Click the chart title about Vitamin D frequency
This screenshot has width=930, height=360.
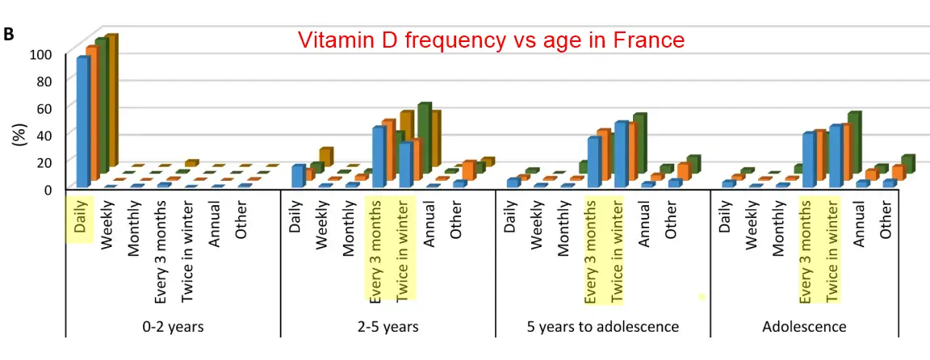[491, 40]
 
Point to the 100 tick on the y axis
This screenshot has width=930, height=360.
[41, 54]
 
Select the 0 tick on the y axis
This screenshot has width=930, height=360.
[48, 188]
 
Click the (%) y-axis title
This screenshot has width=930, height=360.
[18, 134]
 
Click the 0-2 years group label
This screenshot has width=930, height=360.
[173, 327]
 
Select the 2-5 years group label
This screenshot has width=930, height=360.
[388, 327]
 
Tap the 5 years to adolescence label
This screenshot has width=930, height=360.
[602, 327]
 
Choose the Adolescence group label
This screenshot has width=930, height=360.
[804, 327]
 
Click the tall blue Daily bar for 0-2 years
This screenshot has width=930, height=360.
[82, 121]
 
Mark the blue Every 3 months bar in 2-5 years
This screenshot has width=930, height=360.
[378, 156]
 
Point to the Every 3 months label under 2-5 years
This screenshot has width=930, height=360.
[375, 250]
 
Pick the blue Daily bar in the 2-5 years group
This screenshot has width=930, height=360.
[297, 175]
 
